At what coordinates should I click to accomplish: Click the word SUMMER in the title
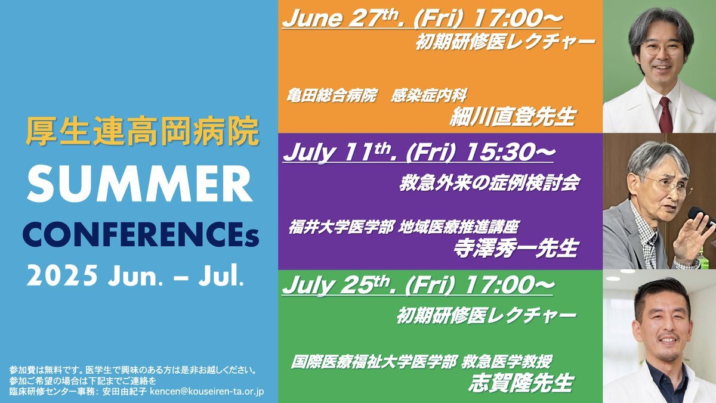coord(140,184)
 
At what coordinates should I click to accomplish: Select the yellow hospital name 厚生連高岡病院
coord(142,131)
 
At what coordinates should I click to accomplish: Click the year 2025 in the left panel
coord(62,275)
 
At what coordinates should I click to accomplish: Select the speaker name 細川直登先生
coord(513,117)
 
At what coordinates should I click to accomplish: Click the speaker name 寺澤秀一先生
coord(516,248)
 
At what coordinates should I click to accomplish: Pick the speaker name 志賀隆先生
coord(521,383)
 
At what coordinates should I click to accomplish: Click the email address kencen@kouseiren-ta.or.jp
coord(207,392)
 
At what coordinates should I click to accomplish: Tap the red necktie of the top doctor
coord(665,114)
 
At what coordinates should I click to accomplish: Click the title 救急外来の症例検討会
coord(490,183)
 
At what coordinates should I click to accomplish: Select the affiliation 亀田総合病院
coord(332,95)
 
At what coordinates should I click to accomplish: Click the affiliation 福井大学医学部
coord(341,227)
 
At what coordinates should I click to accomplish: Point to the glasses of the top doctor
coord(662,48)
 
